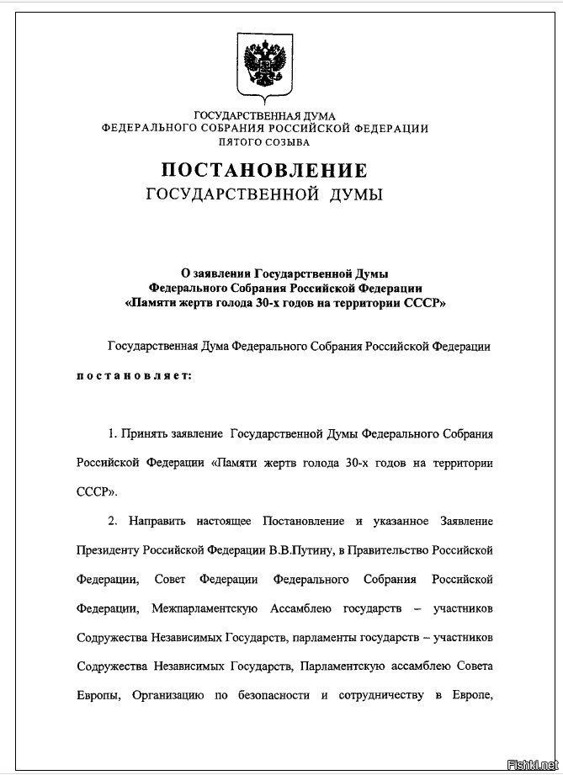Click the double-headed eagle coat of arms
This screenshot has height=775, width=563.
264,65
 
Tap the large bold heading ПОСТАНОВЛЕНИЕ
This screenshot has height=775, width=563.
264,170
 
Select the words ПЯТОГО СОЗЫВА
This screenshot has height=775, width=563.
264,142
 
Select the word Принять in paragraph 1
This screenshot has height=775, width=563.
143,433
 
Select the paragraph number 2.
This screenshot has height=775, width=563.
111,522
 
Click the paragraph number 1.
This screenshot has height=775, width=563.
111,433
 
